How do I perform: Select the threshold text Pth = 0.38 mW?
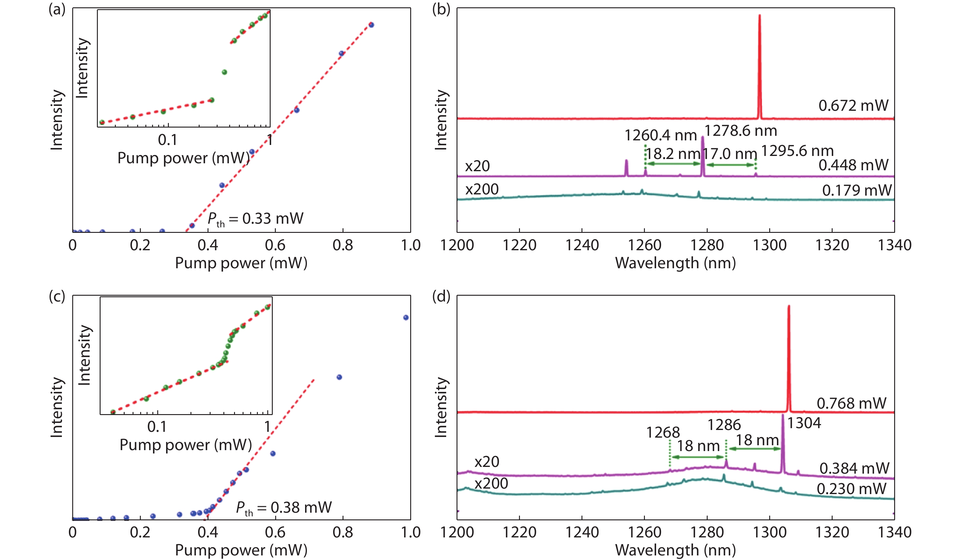pos(284,508)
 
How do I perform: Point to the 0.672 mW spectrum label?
pos(853,106)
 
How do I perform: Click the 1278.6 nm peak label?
pos(741,131)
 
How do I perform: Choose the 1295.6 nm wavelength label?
pos(797,151)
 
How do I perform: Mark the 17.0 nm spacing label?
pos(729,154)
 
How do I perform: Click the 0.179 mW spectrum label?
pos(857,190)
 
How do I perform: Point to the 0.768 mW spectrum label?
pos(852,403)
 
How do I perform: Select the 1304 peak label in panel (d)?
pos(804,423)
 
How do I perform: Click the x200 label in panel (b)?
pos(482,189)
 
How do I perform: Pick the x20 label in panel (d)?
pos(486,462)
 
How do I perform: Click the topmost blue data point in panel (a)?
pos(372,25)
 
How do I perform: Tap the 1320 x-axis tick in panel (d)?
pos(832,532)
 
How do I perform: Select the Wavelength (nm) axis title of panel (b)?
pos(675,263)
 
